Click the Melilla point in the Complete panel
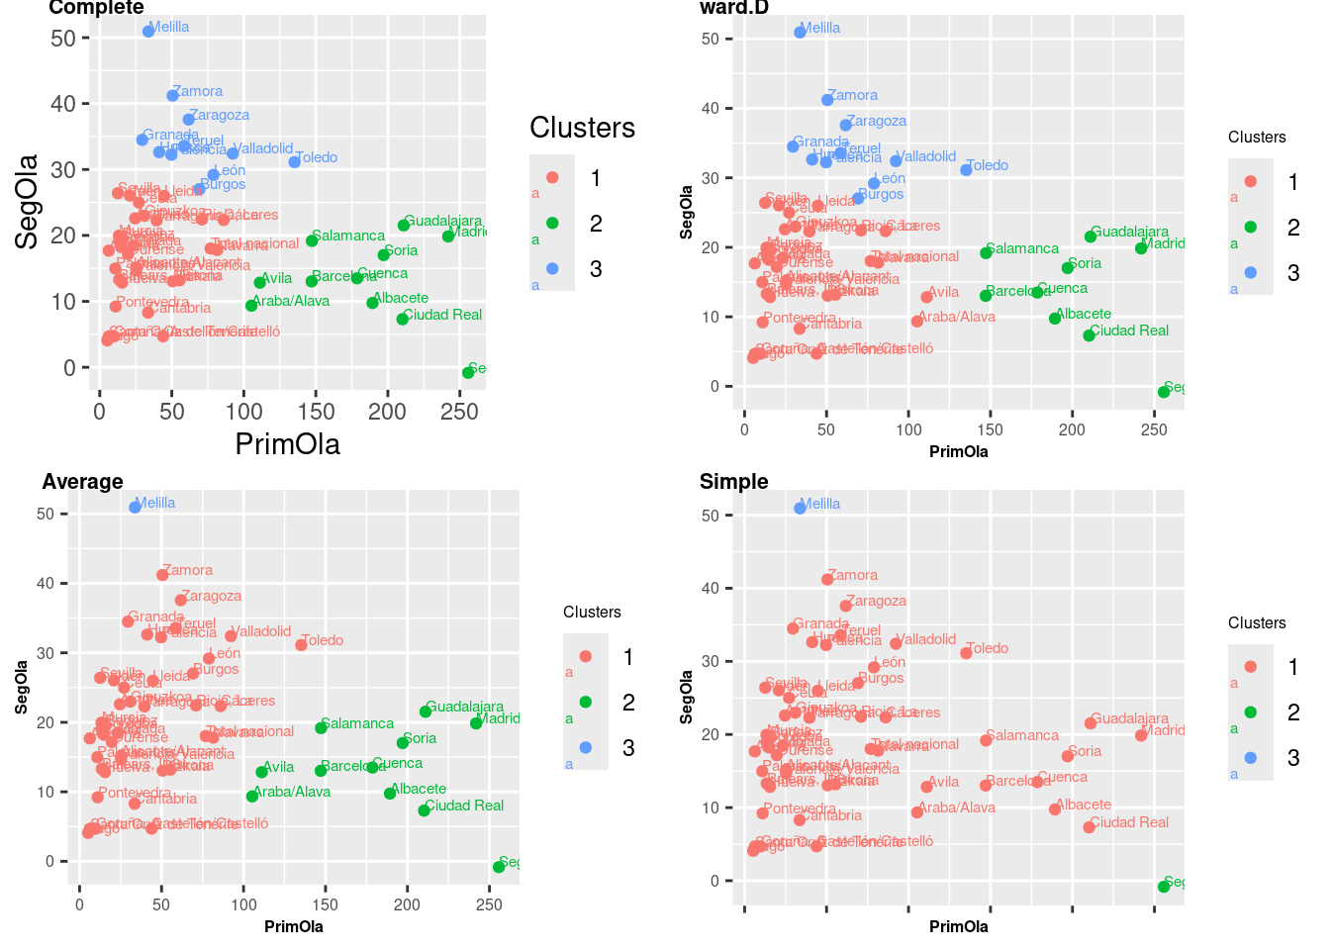click(148, 31)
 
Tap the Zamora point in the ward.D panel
click(827, 100)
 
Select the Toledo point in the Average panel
click(301, 645)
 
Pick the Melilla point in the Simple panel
click(800, 508)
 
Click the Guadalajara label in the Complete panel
click(443, 221)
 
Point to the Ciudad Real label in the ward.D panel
click(1129, 331)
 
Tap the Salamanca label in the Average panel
click(357, 723)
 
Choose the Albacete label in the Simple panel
click(1084, 805)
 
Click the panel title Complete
click(96, 8)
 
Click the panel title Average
click(82, 482)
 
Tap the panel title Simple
click(733, 482)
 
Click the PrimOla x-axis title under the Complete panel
click(287, 444)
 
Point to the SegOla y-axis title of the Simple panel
click(687, 697)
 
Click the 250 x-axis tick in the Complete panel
click(459, 412)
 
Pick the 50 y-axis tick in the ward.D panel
click(710, 39)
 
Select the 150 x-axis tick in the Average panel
click(326, 903)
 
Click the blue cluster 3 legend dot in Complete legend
click(552, 268)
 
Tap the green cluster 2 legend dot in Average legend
click(585, 702)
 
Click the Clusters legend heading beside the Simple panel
click(1257, 622)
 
